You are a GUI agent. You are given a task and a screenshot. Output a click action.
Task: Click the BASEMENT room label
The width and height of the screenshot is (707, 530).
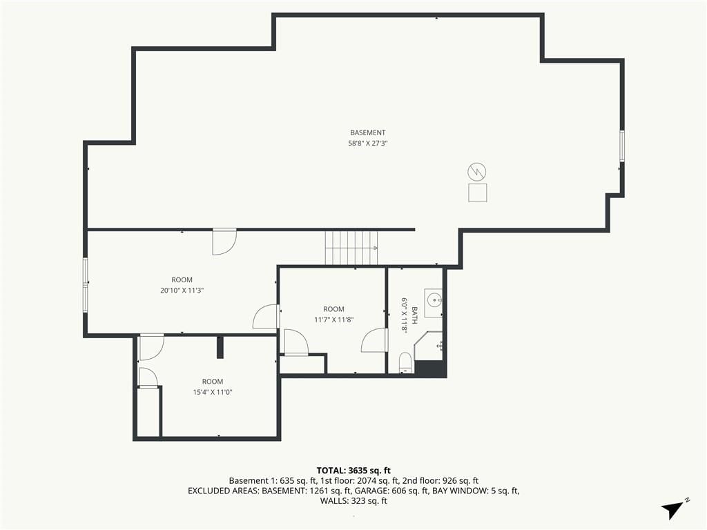pos(368,132)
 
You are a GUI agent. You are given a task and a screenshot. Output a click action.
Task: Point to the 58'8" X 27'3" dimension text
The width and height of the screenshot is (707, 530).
pos(368,144)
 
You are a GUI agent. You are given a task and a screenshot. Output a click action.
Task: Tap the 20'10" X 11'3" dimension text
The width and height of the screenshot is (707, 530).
pos(182,291)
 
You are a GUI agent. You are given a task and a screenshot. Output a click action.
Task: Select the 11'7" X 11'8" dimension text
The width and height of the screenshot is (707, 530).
pos(333,320)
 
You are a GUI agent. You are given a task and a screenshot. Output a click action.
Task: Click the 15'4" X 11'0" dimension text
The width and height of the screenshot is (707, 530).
pos(213,392)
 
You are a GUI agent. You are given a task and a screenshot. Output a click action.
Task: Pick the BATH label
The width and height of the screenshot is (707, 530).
pos(414,315)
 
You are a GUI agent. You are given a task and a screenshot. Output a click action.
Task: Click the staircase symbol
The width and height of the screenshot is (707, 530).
pos(351,248)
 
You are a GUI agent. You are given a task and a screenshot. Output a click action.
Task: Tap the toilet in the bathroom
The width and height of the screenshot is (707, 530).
pos(406,363)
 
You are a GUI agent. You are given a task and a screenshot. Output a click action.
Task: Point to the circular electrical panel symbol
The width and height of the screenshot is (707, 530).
pos(477,172)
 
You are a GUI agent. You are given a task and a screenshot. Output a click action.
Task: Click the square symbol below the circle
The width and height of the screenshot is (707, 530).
pos(478,193)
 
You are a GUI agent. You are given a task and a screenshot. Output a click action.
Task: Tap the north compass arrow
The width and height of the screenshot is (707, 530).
pos(672,509)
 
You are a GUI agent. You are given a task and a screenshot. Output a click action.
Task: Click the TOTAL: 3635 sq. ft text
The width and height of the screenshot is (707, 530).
pos(353,471)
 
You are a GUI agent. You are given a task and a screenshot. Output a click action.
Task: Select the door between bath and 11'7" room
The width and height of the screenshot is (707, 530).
pos(375,340)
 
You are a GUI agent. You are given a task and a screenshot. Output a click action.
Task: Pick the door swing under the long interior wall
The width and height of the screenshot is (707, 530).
pos(224,242)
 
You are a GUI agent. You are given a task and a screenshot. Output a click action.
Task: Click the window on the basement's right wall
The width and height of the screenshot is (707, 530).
pos(622,146)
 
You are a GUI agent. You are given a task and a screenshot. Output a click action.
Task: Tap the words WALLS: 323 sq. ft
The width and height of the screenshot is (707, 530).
pos(353,501)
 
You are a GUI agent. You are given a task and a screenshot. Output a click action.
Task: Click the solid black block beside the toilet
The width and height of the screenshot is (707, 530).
pos(430,369)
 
